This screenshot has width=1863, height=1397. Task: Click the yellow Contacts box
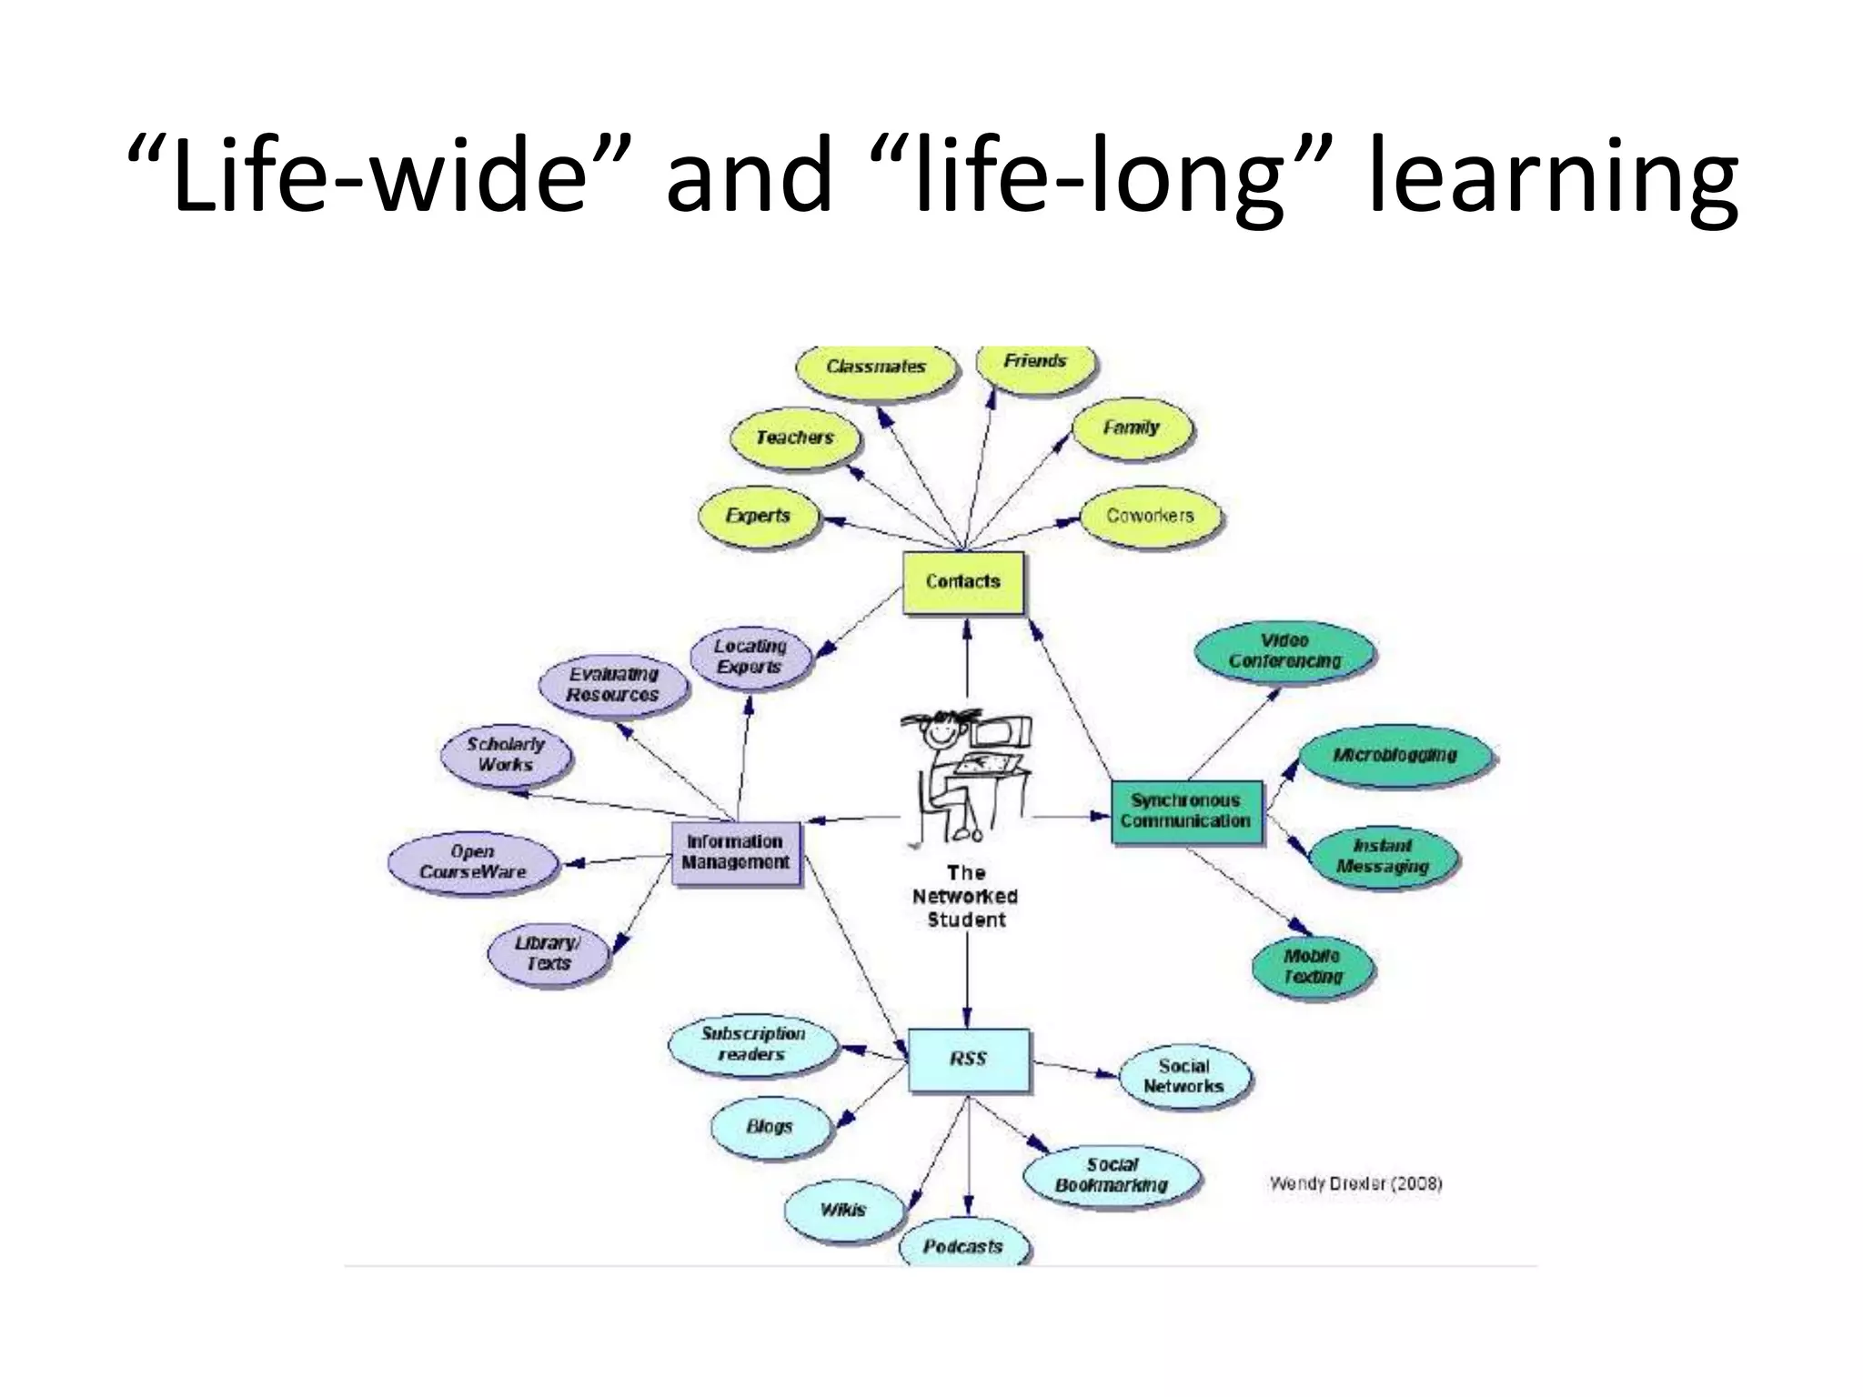pos(962,582)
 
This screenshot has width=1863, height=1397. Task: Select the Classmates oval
pos(875,367)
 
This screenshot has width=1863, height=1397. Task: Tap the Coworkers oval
pos(1150,516)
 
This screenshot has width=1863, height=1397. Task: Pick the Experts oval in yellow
pos(758,516)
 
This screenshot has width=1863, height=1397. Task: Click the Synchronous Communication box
pos(1185,811)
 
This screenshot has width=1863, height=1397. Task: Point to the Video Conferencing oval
pos(1284,651)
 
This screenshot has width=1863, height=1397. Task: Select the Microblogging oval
pos(1395,756)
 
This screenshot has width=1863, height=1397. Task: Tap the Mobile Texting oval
pos(1313,967)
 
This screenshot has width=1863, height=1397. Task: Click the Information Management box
pos(735,852)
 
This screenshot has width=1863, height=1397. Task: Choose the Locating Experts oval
pos(750,657)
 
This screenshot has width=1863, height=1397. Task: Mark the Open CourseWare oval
pos(472,862)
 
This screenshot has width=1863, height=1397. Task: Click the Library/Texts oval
pos(547,954)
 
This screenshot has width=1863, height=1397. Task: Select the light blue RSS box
pos(968,1060)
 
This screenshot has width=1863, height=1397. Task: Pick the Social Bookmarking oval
pos(1112,1175)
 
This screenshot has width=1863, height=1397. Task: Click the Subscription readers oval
pos(752,1045)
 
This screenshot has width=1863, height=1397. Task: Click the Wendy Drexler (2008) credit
pos(1355,1184)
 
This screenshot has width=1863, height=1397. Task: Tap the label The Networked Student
pos(965,897)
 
